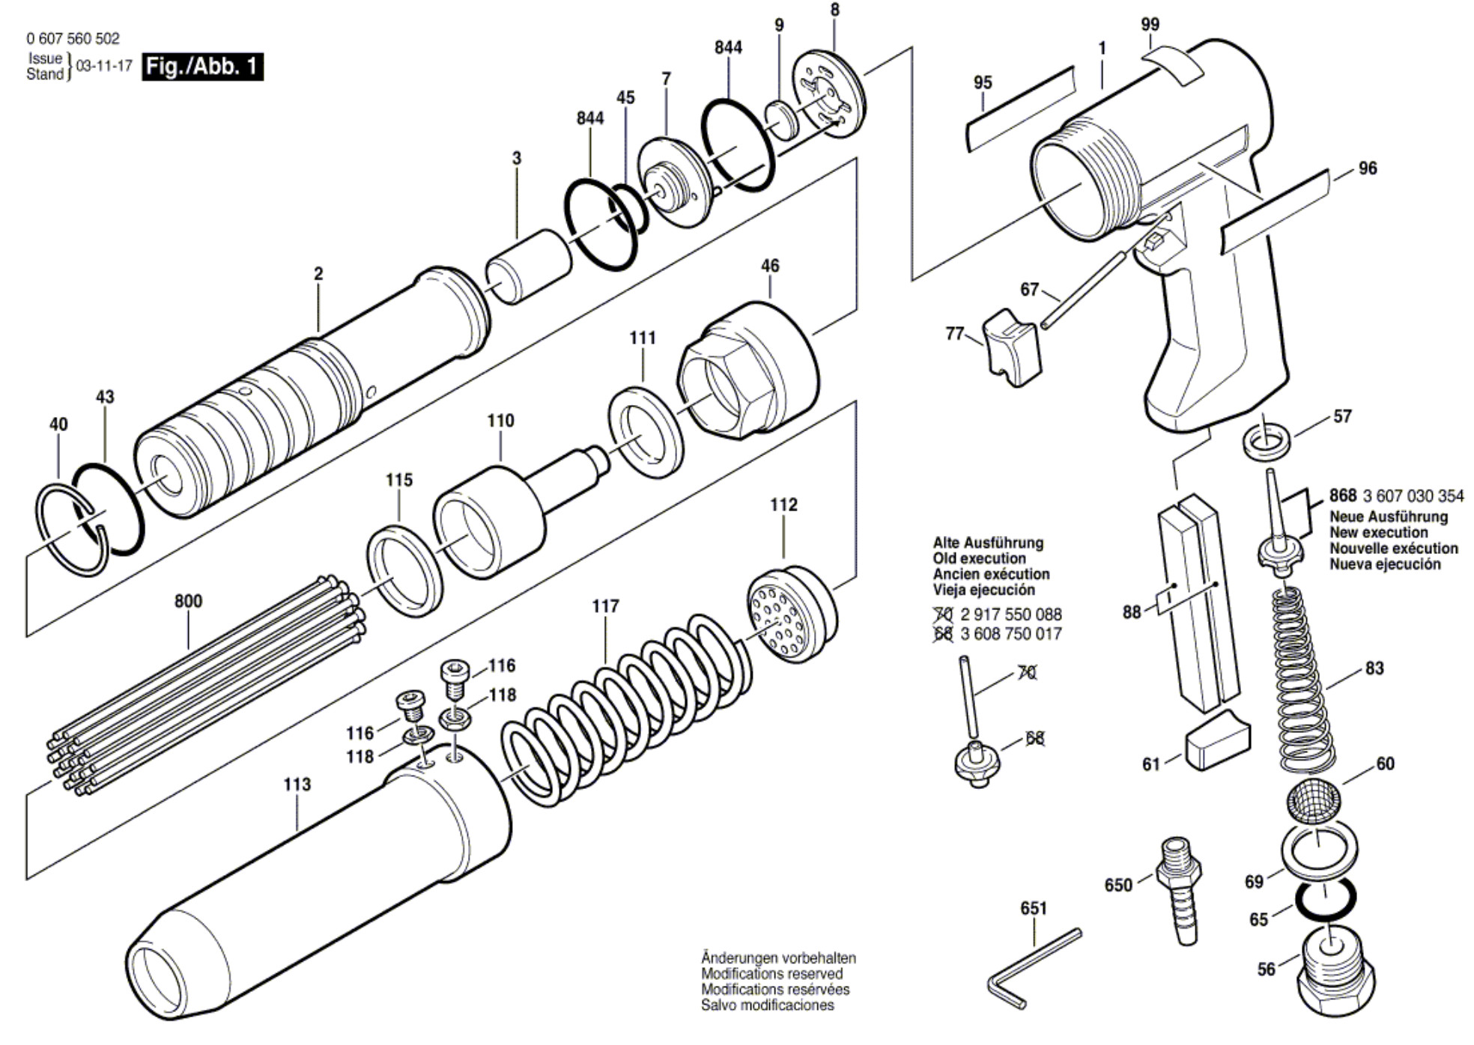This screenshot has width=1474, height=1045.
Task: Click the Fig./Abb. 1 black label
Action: [x=202, y=67]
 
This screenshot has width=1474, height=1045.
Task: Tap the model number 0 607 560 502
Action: [x=73, y=38]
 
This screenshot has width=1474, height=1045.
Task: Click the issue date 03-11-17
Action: [x=104, y=67]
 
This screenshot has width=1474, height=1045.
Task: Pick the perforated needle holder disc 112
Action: [x=790, y=614]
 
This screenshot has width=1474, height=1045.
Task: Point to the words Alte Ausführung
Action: [x=987, y=543]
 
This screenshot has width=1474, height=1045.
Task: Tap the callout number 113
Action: [x=297, y=784]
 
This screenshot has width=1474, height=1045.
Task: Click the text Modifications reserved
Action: [x=771, y=974]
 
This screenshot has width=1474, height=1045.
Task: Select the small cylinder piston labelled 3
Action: [x=528, y=266]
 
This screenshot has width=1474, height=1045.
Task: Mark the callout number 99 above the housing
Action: [x=1150, y=24]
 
